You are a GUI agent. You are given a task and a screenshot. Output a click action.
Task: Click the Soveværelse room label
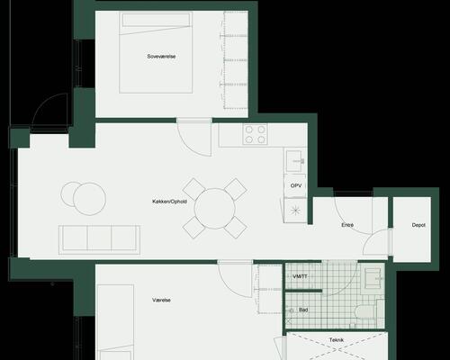(x=161, y=57)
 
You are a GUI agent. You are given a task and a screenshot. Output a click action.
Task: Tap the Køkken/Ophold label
(x=169, y=202)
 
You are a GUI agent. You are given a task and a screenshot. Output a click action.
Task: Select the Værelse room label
(x=161, y=300)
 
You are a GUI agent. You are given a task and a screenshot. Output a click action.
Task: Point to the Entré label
(x=347, y=225)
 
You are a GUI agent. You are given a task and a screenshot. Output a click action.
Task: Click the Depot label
(x=418, y=225)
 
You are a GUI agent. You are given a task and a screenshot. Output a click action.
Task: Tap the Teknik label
(x=337, y=340)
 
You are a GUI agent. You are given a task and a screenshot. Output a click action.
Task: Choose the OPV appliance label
(x=296, y=185)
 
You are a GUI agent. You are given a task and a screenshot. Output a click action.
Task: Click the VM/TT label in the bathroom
(x=300, y=276)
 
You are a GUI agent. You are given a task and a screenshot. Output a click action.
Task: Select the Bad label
(x=303, y=310)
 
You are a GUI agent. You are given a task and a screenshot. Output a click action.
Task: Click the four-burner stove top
(x=255, y=134)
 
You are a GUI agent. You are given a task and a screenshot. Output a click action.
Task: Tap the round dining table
(x=214, y=209)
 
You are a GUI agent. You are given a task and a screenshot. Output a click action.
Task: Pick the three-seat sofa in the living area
(x=99, y=239)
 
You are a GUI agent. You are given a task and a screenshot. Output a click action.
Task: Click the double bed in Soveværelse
(x=156, y=52)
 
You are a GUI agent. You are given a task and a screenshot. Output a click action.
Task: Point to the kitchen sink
(x=295, y=161)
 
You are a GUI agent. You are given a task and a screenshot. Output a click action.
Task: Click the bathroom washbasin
(x=373, y=278)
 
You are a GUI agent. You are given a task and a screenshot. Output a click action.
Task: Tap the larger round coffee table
(x=89, y=199)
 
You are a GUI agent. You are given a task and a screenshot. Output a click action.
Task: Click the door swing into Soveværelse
(x=193, y=139)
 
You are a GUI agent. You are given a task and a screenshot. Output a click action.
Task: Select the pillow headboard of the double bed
(x=156, y=20)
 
